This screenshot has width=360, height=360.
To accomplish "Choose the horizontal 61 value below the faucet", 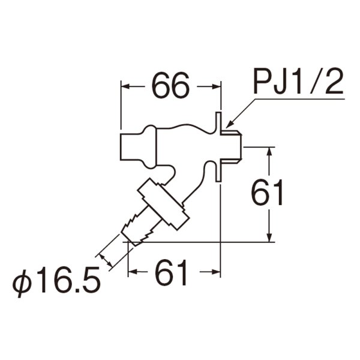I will click(172, 274).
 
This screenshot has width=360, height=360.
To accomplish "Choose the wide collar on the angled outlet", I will click(160, 205).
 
